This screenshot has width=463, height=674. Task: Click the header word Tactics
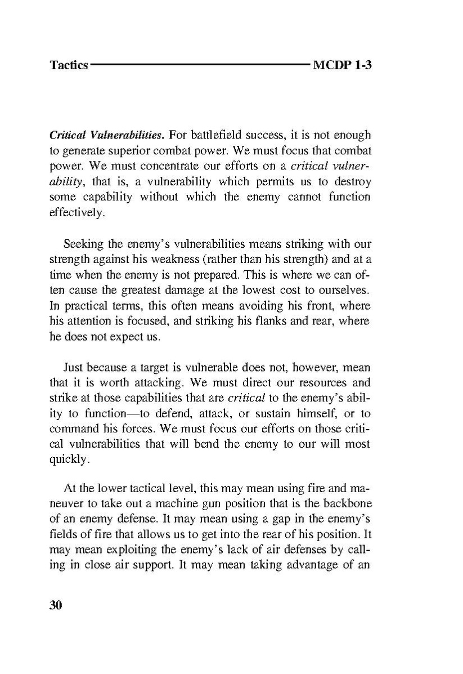pyautogui.click(x=69, y=65)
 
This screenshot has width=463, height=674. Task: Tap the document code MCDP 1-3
pyautogui.click(x=343, y=65)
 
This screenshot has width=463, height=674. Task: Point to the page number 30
pyautogui.click(x=56, y=605)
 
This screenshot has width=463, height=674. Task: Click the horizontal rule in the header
pyautogui.click(x=199, y=65)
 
